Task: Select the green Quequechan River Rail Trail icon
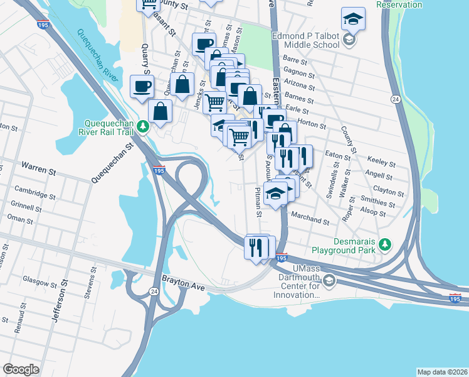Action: [x=144, y=128]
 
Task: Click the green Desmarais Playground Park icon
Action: [x=387, y=244]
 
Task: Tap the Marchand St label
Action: [x=310, y=221]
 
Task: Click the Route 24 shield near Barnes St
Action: [x=396, y=99]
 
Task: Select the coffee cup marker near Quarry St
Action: [x=141, y=86]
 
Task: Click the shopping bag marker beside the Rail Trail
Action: [x=160, y=111]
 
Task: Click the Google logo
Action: [x=21, y=369]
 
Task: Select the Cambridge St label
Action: [x=35, y=194]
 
